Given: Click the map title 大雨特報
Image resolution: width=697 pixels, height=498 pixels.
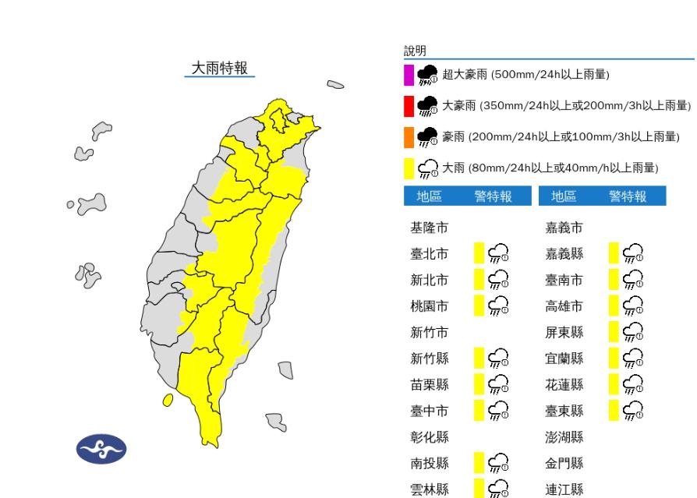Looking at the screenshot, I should click(x=220, y=68).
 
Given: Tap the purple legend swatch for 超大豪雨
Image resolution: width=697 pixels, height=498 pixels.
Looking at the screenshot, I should click(x=409, y=75).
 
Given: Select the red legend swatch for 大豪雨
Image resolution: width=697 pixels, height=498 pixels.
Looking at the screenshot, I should click(x=409, y=106).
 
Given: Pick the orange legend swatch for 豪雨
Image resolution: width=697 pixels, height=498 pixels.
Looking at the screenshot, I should click(x=409, y=137).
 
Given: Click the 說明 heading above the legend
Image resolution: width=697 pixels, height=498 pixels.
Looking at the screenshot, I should click(x=415, y=51).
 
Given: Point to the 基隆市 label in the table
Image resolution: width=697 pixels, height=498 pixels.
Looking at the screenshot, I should click(x=429, y=228).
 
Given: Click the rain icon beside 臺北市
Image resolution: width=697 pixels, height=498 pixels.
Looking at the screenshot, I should click(x=498, y=253).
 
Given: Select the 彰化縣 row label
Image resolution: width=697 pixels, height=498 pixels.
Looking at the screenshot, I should click(x=429, y=437).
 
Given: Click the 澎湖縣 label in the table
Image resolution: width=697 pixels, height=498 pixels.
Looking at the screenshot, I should click(x=564, y=437).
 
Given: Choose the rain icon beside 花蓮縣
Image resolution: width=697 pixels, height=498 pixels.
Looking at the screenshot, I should click(x=633, y=384).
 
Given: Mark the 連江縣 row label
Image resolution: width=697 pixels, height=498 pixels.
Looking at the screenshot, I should click(x=564, y=489).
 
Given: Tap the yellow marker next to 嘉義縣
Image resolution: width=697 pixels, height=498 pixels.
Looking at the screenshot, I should click(x=614, y=253).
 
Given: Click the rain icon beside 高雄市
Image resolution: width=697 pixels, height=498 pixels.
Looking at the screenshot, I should click(x=633, y=306).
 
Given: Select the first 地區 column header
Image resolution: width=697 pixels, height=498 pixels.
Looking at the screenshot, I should click(x=429, y=196).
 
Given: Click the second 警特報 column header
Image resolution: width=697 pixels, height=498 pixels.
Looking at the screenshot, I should click(x=628, y=196).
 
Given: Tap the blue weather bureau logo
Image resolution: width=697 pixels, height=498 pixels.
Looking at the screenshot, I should click(x=101, y=449).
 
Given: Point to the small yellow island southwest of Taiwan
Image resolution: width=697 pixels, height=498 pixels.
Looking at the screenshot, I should click(x=168, y=400).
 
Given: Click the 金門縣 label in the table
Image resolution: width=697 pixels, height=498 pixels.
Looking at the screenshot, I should click(x=564, y=464).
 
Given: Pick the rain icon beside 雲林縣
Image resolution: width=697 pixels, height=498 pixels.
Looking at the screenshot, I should click(x=498, y=489).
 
